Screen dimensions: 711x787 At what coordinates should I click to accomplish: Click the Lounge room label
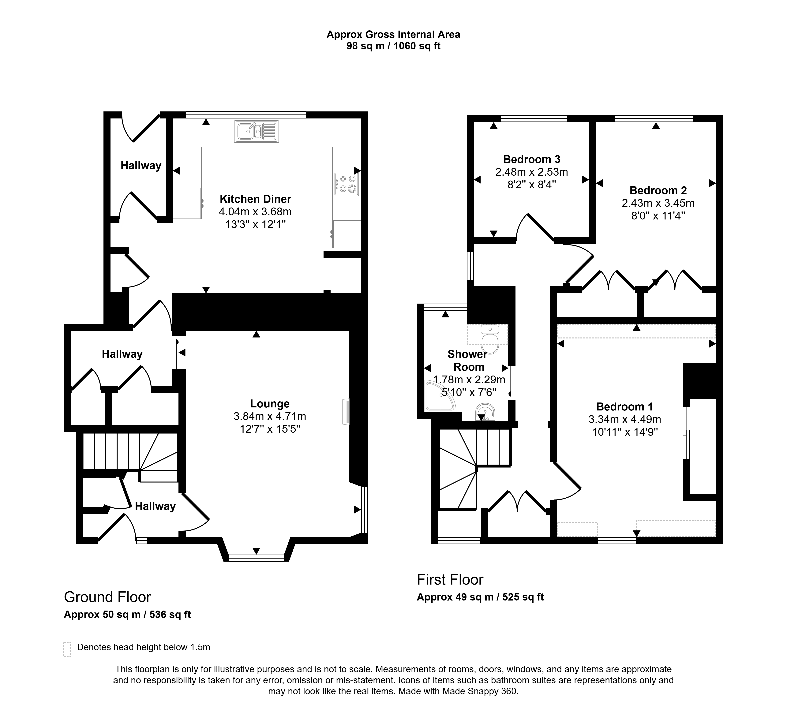(270, 404)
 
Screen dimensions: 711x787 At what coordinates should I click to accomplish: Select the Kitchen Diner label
(255, 199)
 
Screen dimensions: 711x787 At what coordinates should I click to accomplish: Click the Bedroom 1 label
(625, 407)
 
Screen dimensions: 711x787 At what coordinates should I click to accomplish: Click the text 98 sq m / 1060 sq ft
(393, 46)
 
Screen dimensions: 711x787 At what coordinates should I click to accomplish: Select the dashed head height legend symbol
(67, 649)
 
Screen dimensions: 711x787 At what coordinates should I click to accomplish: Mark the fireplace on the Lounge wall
(346, 412)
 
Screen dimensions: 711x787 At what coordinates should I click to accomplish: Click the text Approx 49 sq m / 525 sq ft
(480, 597)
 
